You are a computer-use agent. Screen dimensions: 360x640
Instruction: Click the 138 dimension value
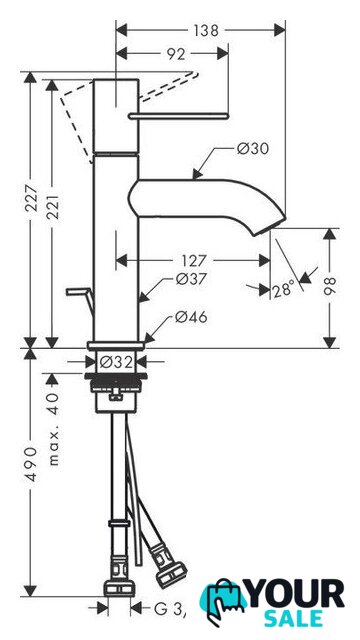[206, 31]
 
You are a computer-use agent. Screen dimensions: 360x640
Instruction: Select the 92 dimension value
[176, 54]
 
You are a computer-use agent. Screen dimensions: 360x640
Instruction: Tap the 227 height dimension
[31, 198]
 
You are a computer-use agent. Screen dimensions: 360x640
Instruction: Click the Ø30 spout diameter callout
[253, 149]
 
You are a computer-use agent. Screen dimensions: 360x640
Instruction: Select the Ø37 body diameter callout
[191, 280]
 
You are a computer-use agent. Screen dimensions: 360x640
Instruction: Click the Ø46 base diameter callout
[191, 317]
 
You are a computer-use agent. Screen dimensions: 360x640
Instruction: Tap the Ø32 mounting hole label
[116, 362]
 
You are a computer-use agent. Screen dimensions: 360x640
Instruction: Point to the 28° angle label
[283, 289]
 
